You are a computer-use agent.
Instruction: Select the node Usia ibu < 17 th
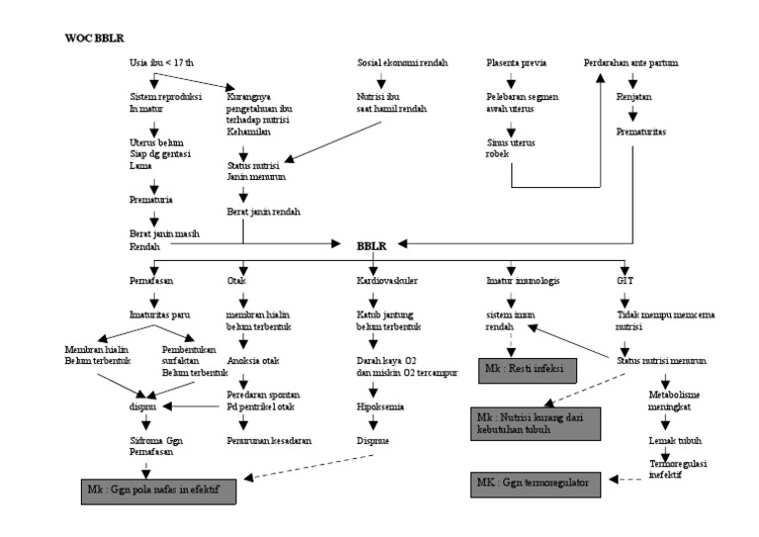(x=162, y=63)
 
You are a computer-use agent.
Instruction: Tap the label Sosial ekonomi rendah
(x=402, y=63)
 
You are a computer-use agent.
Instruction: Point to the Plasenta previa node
(x=517, y=63)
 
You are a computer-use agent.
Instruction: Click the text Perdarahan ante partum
(x=631, y=63)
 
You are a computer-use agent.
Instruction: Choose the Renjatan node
(x=633, y=100)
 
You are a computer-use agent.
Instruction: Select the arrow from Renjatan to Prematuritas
(x=633, y=115)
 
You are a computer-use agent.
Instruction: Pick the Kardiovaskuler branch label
(x=387, y=280)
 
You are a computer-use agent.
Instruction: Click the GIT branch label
(x=625, y=280)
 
